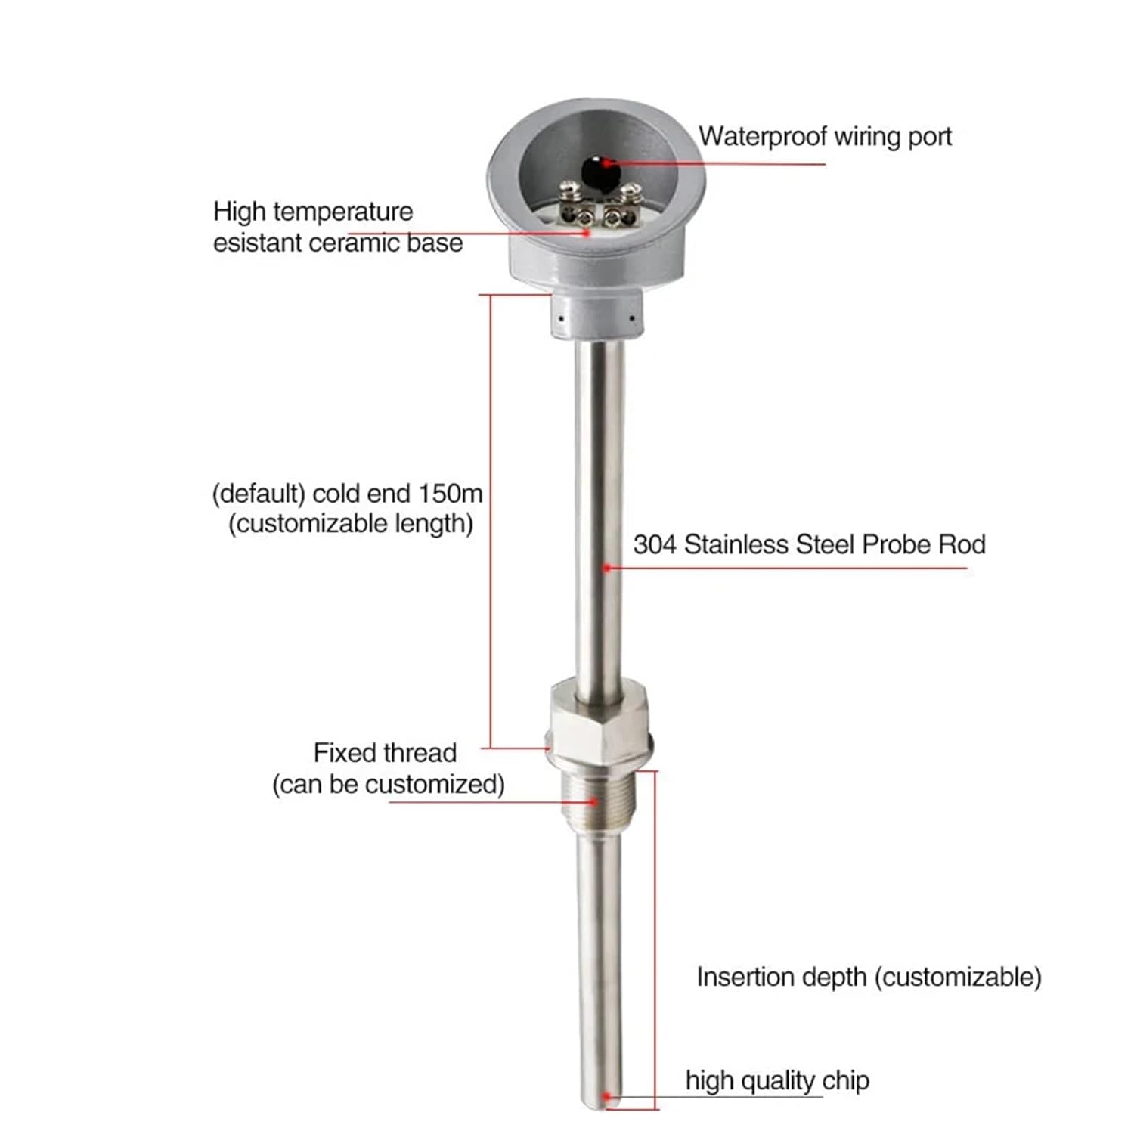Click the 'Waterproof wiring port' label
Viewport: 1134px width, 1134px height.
click(825, 137)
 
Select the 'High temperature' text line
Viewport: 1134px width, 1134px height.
click(313, 211)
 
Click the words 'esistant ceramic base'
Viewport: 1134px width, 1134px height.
click(337, 243)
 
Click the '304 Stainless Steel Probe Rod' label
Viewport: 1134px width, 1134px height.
click(809, 544)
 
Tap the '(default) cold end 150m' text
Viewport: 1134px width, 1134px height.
click(347, 494)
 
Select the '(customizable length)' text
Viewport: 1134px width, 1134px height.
click(351, 523)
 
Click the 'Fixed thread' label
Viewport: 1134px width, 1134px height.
click(385, 753)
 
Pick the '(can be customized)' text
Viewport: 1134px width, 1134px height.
click(388, 784)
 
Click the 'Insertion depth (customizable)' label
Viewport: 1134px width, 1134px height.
click(869, 977)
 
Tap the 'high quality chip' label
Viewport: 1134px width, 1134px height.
click(777, 1080)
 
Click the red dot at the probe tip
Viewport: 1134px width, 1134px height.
click(606, 1095)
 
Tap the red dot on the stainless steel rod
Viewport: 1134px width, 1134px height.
click(606, 567)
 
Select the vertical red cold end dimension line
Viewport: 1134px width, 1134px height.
click(491, 522)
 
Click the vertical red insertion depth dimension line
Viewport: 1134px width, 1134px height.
click(655, 937)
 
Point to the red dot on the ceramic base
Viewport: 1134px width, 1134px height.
click(586, 233)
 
